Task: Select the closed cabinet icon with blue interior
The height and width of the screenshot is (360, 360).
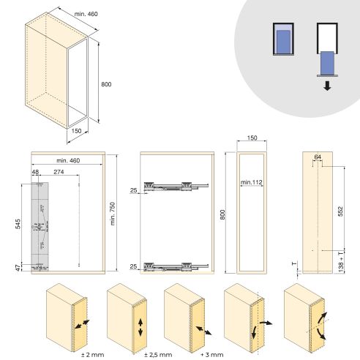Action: point(282,37)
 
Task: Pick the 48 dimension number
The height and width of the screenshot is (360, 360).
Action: point(34,172)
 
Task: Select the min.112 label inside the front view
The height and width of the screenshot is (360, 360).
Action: point(251,181)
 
